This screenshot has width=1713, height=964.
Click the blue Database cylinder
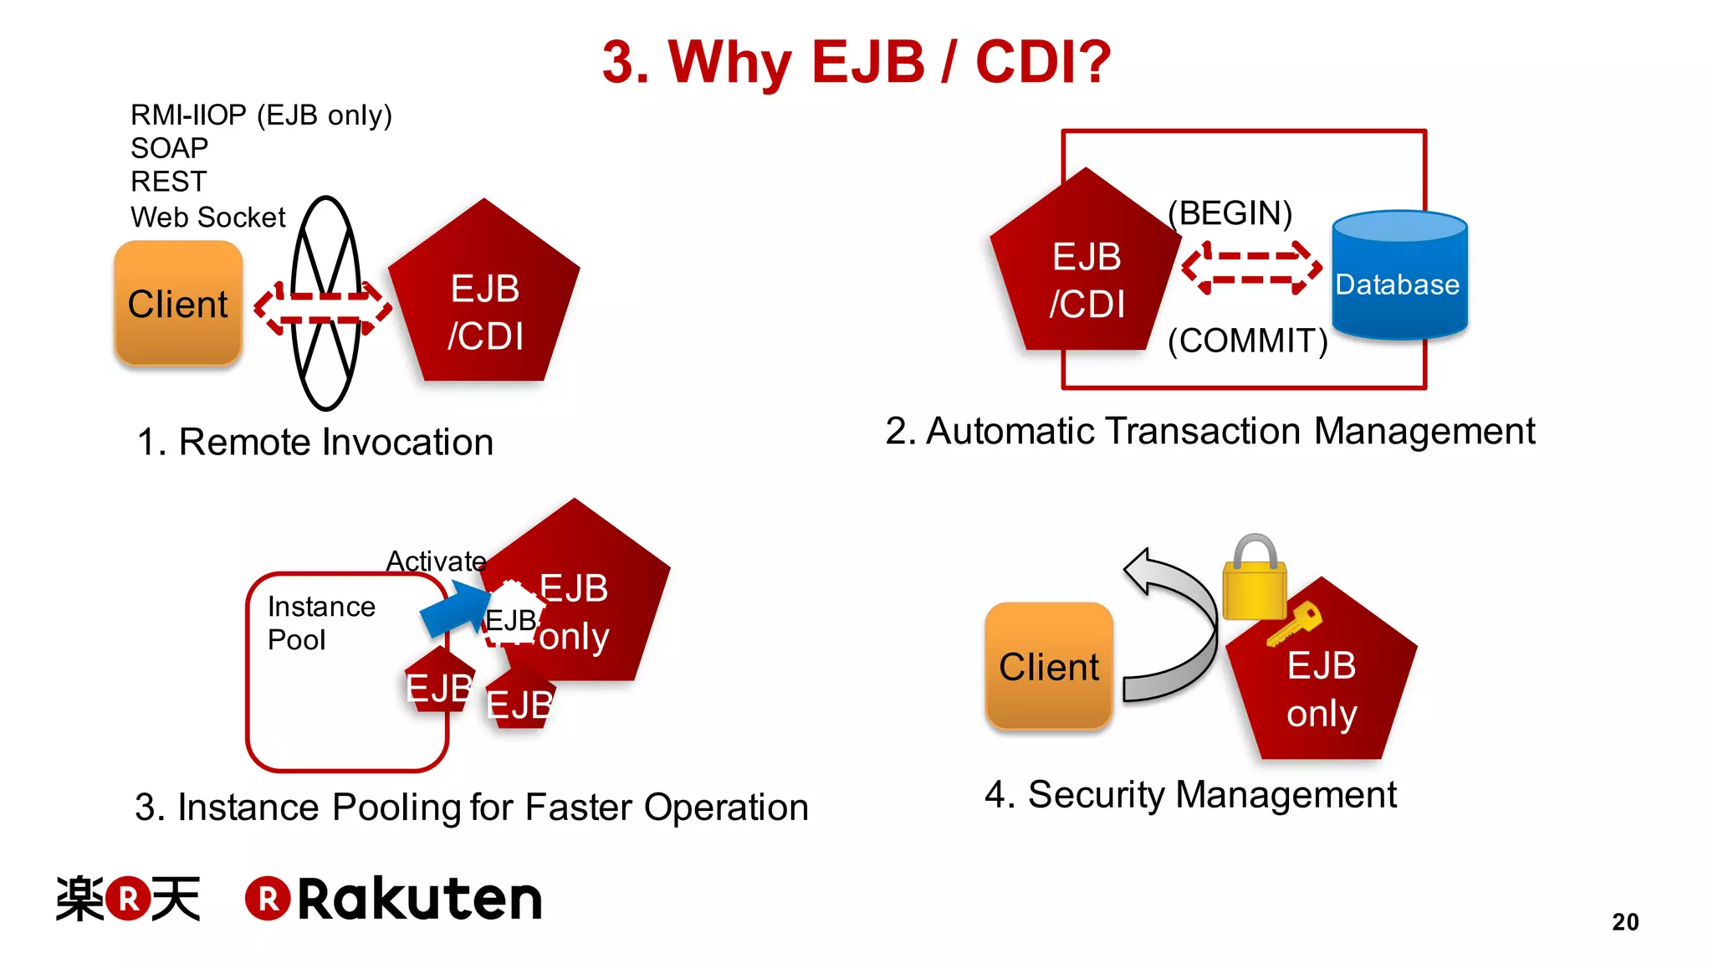point(1399,276)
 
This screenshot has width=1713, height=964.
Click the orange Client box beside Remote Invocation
point(178,303)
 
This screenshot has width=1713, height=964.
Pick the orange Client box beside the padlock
point(1049,666)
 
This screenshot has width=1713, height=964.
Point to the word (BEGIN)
point(1230,213)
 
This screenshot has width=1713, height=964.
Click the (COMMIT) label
point(1247,341)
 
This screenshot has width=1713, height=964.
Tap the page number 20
point(1625,921)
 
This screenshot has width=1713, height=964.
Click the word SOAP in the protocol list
point(169,148)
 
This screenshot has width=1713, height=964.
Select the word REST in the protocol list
point(168,182)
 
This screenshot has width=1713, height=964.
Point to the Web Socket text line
point(207,218)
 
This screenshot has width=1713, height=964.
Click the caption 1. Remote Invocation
point(314,442)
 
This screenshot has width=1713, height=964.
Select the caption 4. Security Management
point(1189,794)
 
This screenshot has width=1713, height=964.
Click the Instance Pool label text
point(320,623)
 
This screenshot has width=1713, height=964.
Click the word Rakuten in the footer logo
point(420,900)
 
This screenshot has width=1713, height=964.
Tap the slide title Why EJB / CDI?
point(856,61)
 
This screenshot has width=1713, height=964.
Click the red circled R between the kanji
point(128,899)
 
